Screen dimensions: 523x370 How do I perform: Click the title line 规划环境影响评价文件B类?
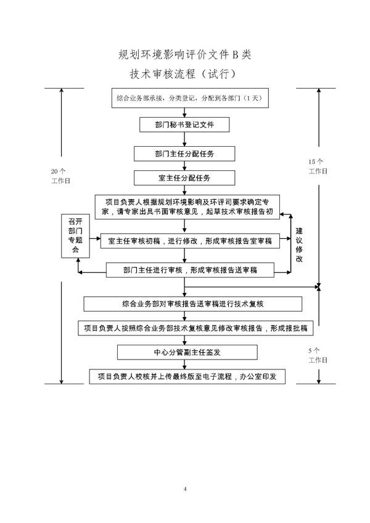(185, 55)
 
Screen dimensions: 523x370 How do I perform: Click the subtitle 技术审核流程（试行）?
(185, 73)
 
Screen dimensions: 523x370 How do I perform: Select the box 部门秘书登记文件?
(184, 125)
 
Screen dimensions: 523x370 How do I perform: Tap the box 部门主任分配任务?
(184, 152)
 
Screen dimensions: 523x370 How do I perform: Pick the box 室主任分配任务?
(184, 178)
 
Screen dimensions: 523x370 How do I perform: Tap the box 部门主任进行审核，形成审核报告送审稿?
(189, 270)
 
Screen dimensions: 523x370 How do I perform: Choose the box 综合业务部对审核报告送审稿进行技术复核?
(193, 304)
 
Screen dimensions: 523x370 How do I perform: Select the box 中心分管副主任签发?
(187, 352)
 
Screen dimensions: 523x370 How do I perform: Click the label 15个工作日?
(318, 166)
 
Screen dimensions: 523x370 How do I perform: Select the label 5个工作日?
(318, 355)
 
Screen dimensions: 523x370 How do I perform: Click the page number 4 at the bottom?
(185, 489)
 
